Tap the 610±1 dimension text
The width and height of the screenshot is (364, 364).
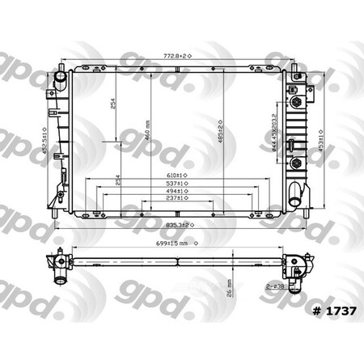176,174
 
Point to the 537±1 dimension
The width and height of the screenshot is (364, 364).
176,184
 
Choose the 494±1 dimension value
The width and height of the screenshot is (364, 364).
176,193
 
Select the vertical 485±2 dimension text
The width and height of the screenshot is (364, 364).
218,132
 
